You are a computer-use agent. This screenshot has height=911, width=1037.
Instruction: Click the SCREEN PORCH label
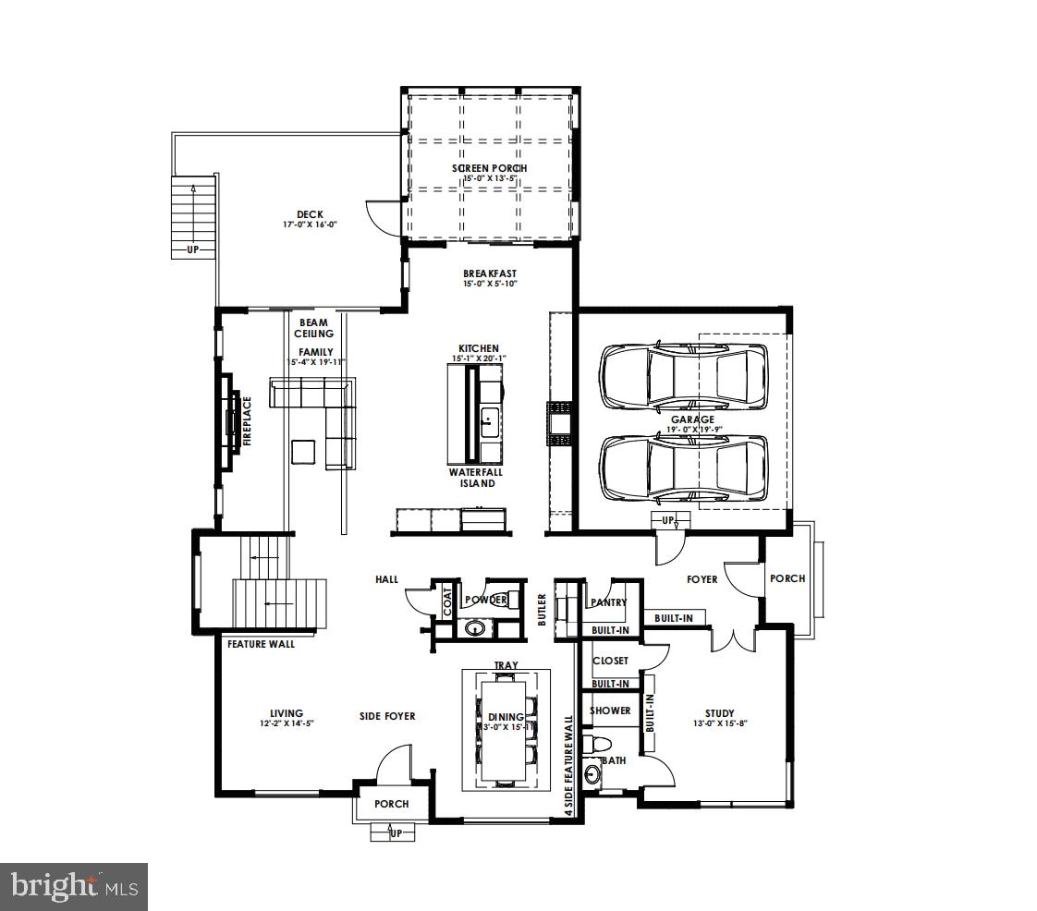coord(489,168)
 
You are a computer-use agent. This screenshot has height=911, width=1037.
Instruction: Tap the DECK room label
coord(310,214)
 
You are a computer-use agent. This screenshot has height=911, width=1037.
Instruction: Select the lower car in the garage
coord(684,467)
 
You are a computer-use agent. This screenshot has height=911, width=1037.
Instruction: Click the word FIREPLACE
coord(247,421)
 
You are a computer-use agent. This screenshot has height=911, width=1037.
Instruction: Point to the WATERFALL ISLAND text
coord(477,478)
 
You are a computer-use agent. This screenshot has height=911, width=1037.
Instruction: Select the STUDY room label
coord(719,713)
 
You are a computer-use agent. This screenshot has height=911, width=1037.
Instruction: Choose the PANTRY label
coord(608,602)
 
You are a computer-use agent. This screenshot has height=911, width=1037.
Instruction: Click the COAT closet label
coord(448,601)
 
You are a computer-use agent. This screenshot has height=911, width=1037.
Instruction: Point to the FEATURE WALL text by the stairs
coord(261,644)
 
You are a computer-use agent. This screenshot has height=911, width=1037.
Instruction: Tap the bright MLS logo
coord(74,887)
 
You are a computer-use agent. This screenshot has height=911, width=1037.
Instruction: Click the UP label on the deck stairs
coord(192,249)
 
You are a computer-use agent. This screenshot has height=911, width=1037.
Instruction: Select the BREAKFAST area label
coord(490,273)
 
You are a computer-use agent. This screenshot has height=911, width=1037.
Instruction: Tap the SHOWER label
coord(610,711)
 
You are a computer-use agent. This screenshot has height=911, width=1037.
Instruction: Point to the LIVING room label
coord(287,713)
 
